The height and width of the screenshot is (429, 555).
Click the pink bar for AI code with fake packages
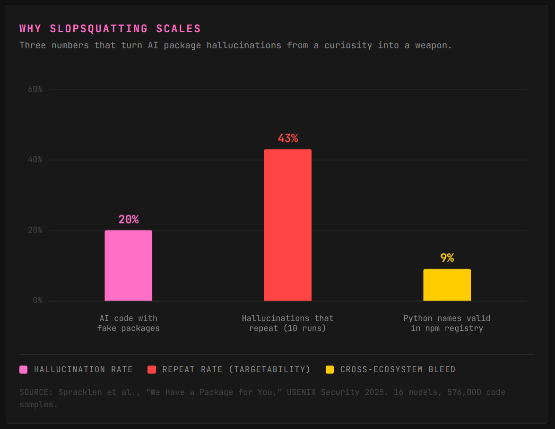pyautogui.click(x=129, y=266)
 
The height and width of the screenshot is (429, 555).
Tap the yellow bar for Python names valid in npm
pyautogui.click(x=447, y=285)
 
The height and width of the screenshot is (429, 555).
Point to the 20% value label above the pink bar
pyautogui.click(x=129, y=220)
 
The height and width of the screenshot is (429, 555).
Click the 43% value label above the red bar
pyautogui.click(x=287, y=139)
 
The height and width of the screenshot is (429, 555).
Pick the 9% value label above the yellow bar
pyautogui.click(x=447, y=258)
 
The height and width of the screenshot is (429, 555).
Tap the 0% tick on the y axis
pyautogui.click(x=37, y=301)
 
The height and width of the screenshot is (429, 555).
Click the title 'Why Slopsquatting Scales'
pyautogui.click(x=110, y=29)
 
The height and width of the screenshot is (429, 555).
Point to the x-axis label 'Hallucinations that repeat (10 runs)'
pyautogui.click(x=287, y=323)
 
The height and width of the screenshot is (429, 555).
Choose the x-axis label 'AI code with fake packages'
pyautogui.click(x=129, y=323)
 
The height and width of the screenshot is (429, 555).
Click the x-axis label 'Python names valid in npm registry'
pyautogui.click(x=447, y=323)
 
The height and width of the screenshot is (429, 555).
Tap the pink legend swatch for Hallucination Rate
pyautogui.click(x=24, y=369)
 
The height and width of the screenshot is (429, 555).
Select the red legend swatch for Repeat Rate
pyautogui.click(x=152, y=369)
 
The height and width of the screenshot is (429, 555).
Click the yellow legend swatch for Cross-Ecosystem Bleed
pyautogui.click(x=330, y=369)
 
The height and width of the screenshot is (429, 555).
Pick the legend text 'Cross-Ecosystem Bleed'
pyautogui.click(x=398, y=369)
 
